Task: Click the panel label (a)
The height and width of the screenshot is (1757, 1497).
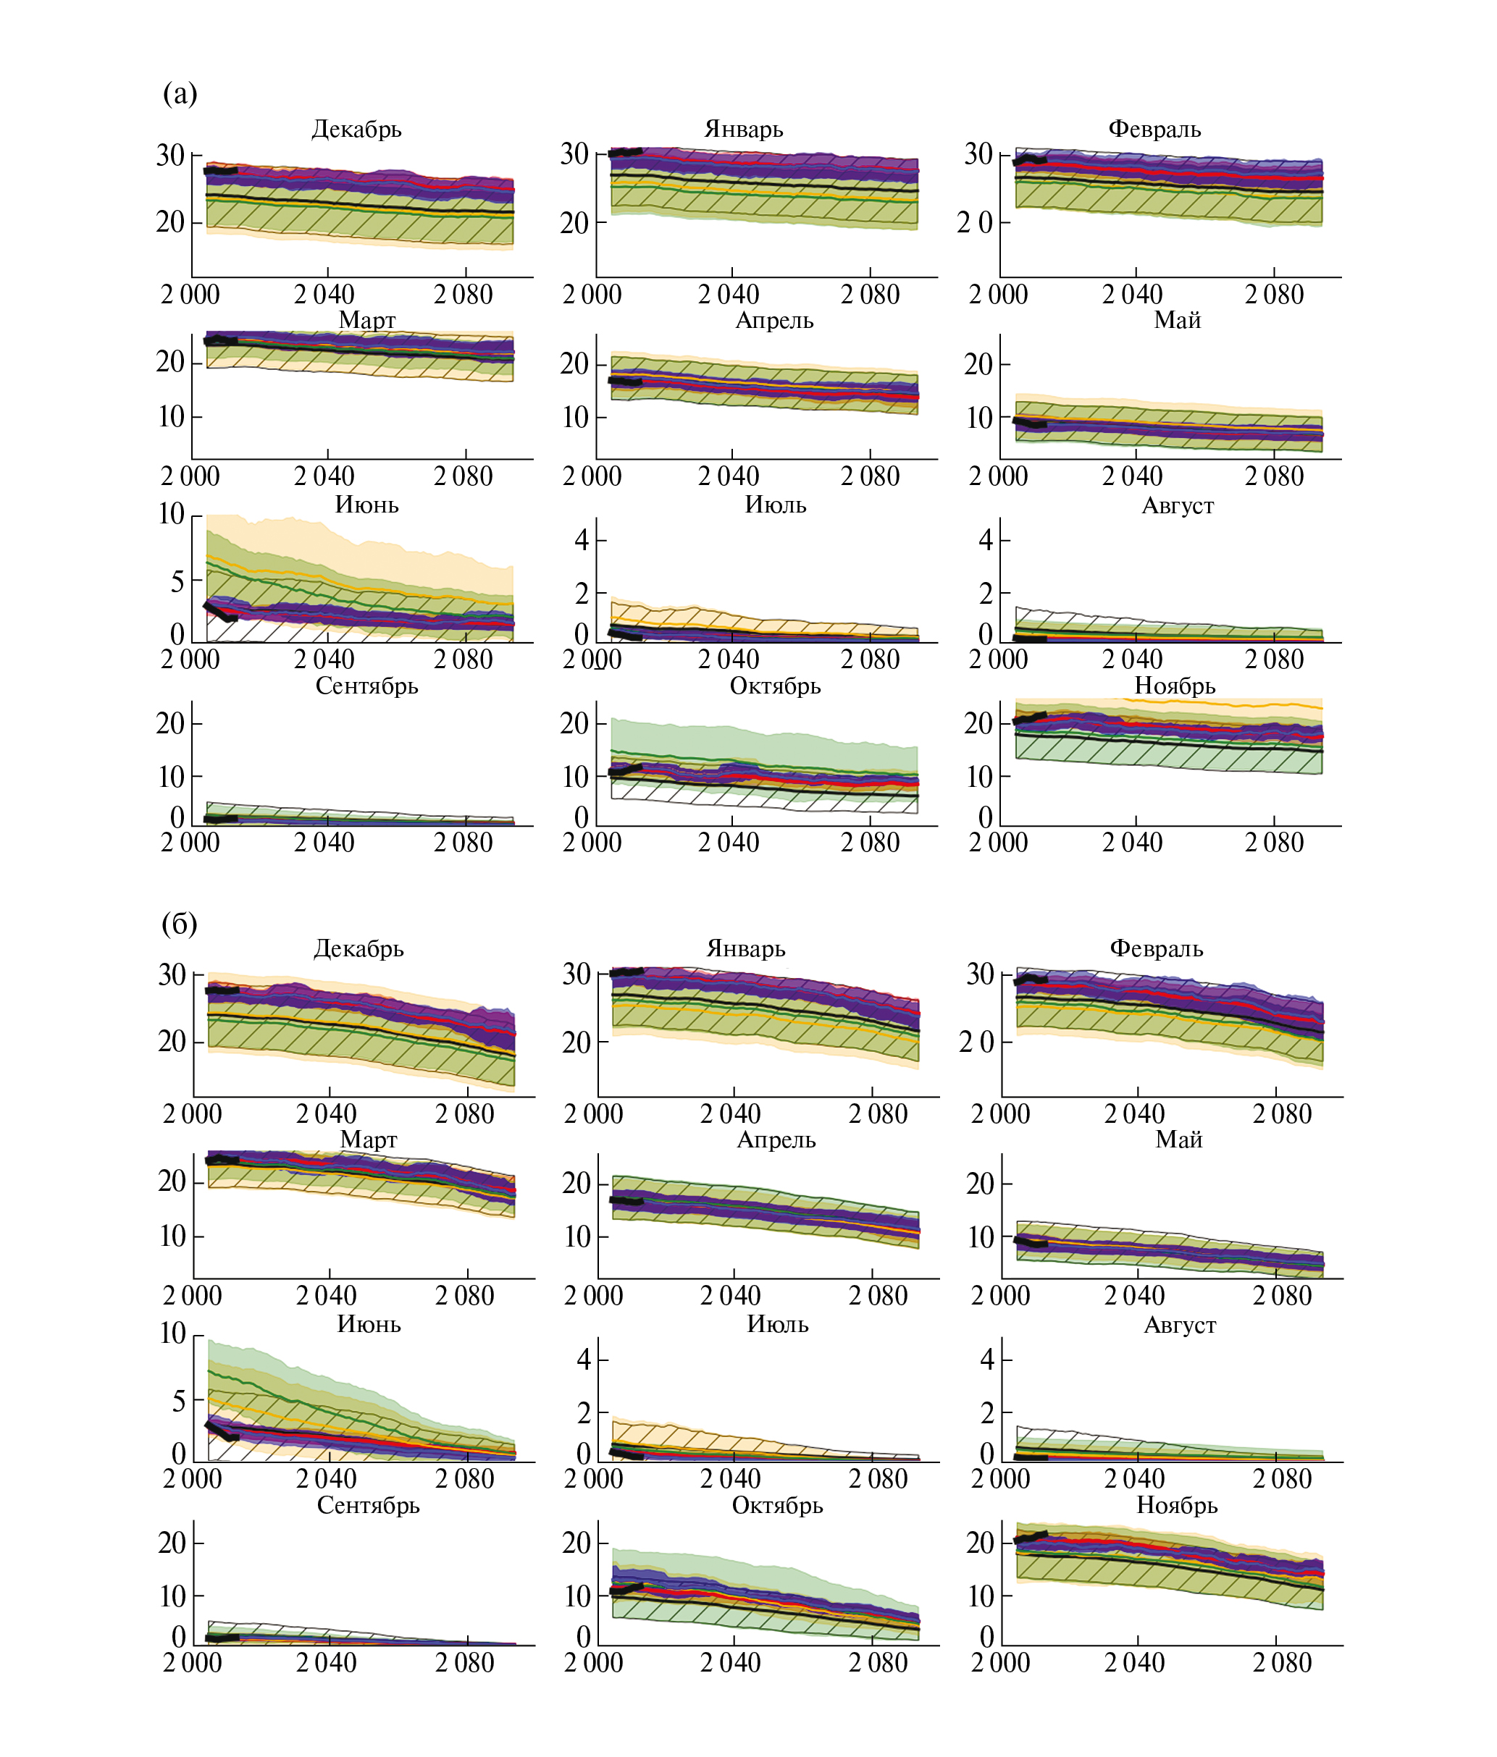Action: [180, 93]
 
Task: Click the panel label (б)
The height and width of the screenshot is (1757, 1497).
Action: [180, 924]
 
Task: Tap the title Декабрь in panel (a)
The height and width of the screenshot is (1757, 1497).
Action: [356, 129]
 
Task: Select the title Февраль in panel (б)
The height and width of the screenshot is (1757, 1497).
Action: [1156, 949]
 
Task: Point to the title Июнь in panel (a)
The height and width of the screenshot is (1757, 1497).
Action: [366, 505]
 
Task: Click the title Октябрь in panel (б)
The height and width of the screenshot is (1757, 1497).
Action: [777, 1505]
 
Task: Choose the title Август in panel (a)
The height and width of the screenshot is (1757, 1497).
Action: [1177, 505]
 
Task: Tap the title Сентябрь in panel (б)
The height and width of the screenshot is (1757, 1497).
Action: [368, 1505]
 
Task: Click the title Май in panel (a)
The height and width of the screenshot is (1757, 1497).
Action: [1177, 321]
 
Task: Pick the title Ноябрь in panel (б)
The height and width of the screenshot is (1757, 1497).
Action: [1177, 1505]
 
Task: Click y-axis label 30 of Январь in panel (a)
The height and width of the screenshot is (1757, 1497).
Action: [574, 154]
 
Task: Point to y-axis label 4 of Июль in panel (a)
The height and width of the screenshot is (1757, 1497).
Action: [582, 539]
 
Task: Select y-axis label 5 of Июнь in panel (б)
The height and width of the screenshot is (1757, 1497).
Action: [178, 1402]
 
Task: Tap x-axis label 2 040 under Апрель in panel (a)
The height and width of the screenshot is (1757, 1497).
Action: [729, 476]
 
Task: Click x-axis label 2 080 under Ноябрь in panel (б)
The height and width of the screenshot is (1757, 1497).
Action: [1283, 1663]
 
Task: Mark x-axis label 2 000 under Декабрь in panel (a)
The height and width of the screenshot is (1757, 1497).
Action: [190, 295]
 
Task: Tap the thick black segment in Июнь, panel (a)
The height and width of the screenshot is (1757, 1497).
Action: [220, 612]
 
